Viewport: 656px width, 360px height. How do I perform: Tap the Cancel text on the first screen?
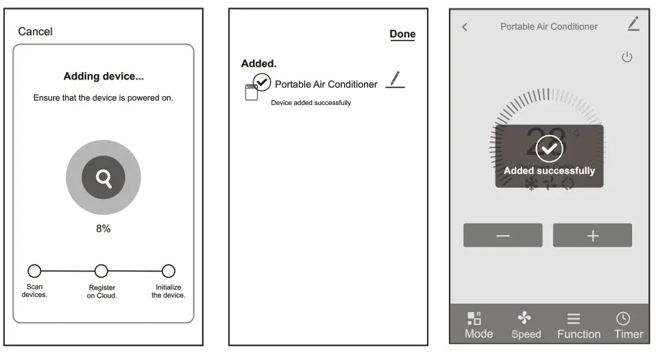coord(35,32)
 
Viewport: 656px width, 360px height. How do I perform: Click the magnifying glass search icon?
coord(104,179)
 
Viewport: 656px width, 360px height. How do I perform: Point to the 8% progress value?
coord(103,228)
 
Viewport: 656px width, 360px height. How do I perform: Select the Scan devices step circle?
coord(34,271)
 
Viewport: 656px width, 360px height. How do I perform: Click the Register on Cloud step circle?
coord(101,271)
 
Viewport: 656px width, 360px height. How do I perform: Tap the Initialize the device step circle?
coord(168,271)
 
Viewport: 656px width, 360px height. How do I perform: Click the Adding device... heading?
coord(104,76)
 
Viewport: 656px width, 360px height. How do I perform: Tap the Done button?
coord(402,34)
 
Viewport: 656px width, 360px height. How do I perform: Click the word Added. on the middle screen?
coord(258,63)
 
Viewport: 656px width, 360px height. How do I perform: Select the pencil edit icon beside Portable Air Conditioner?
coord(395,80)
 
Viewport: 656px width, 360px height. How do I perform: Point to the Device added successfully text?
coord(311,103)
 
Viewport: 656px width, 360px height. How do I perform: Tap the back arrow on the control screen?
coord(465,27)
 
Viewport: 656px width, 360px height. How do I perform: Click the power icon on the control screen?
coord(627,57)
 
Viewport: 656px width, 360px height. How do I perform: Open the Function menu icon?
coord(574,318)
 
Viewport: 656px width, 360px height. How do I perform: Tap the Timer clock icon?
coord(622,318)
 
